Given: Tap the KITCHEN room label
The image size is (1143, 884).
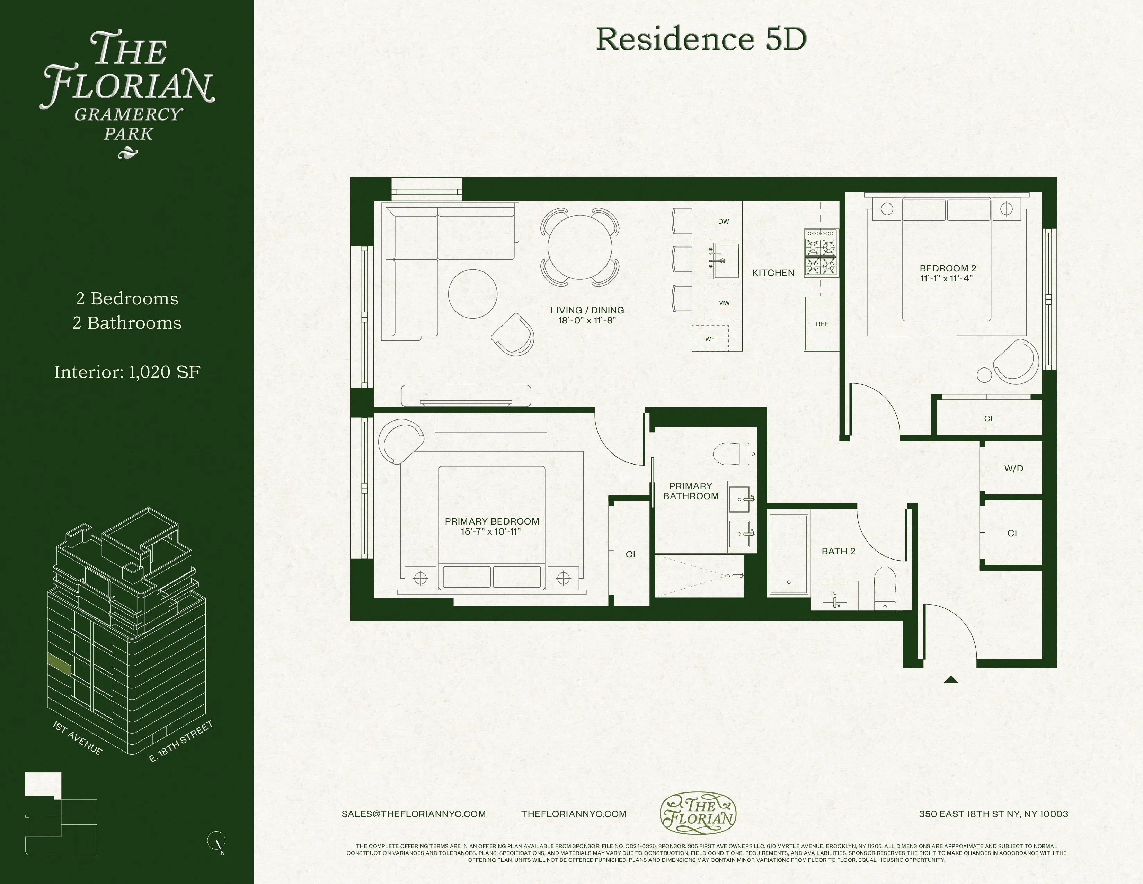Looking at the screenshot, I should [x=773, y=273].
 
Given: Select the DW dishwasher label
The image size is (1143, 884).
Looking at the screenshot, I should [x=723, y=222].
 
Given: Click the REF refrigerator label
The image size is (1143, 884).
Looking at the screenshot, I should [x=822, y=324].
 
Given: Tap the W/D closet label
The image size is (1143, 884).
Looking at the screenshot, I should [x=1013, y=468].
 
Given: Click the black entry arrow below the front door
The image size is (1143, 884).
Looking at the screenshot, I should [x=951, y=680].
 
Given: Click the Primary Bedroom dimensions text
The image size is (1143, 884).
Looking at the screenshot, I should [x=491, y=531].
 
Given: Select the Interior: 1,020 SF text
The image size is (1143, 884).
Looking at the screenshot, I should [x=127, y=372].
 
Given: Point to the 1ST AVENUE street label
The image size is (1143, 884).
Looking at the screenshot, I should [x=78, y=738].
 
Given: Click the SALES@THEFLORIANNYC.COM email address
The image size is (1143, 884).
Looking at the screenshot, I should [x=414, y=814].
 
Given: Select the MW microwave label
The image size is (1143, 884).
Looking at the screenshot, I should [x=724, y=303].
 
